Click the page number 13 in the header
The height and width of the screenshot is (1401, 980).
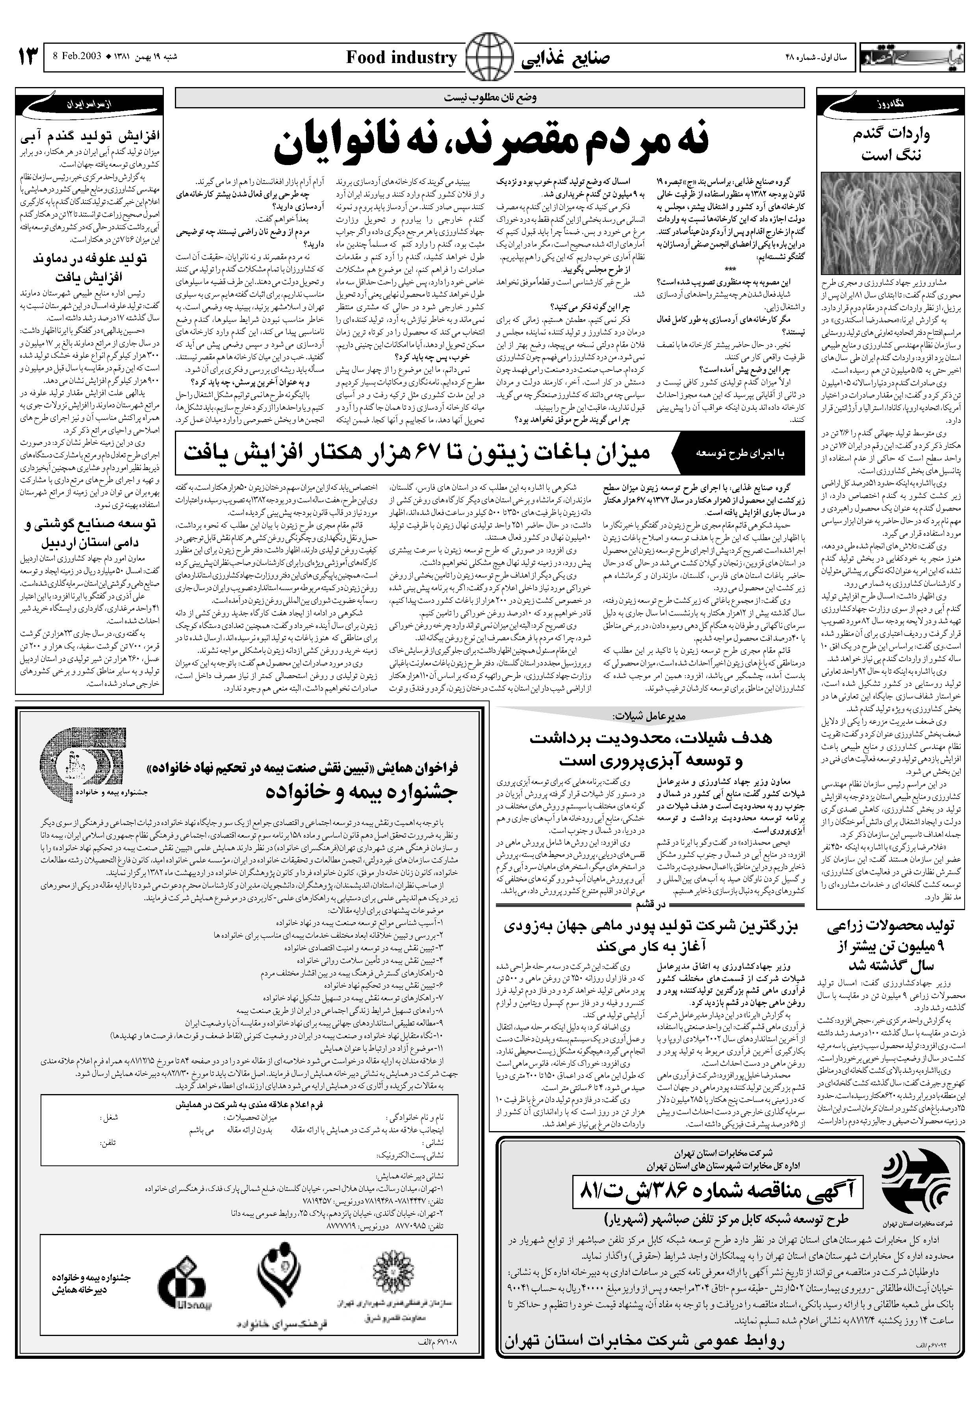[x=28, y=58]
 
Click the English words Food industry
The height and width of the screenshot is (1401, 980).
[x=401, y=58]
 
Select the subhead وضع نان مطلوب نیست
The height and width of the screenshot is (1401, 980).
[x=490, y=98]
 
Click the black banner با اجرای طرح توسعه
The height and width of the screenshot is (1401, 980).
[x=739, y=454]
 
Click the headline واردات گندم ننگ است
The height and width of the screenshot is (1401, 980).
[x=891, y=145]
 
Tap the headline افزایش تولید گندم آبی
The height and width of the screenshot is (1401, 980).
[x=90, y=136]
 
